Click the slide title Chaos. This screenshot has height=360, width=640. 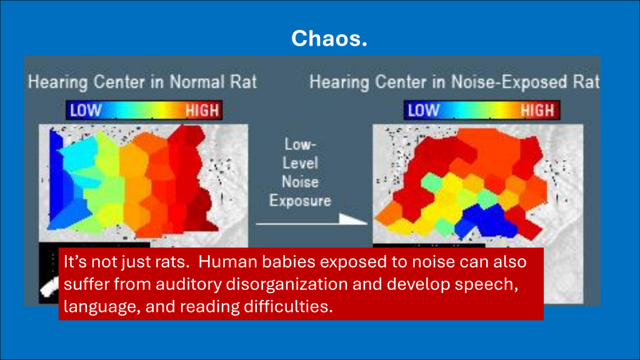point(329,38)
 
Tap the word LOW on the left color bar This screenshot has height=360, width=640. point(86,111)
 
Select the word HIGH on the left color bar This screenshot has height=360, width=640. point(202,111)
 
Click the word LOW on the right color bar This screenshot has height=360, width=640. point(424,111)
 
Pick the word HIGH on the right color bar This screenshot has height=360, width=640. point(537,111)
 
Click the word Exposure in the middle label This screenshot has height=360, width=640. point(300,201)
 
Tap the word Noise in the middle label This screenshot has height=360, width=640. point(300,182)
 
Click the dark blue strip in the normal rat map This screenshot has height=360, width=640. point(56,176)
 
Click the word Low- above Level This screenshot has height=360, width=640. point(300,144)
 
